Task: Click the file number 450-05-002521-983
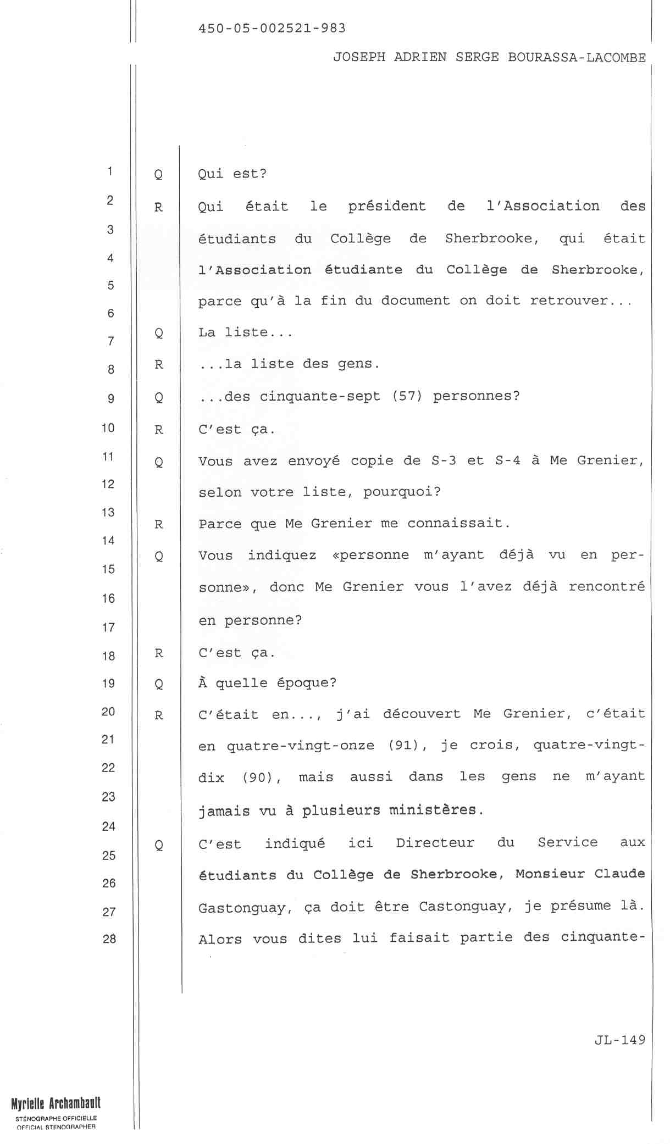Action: click(x=272, y=29)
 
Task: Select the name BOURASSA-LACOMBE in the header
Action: click(x=577, y=58)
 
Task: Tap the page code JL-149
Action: click(x=619, y=1040)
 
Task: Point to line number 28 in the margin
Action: click(x=109, y=938)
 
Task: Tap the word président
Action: click(x=387, y=207)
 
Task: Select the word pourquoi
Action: click(x=402, y=492)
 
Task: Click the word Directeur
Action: click(x=435, y=843)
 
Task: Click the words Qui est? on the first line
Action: click(x=232, y=174)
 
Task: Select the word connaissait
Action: click(x=458, y=523)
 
